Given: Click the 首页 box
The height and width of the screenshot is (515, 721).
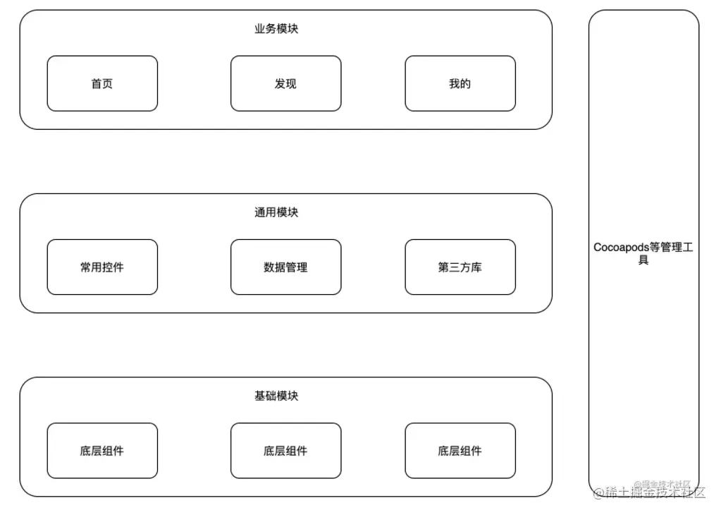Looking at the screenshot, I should point(102,83).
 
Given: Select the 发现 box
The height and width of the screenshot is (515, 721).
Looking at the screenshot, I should point(285,83).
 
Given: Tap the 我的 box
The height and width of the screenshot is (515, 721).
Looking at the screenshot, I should point(460,83).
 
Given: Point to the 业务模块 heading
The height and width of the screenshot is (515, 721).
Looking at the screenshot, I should point(276,29).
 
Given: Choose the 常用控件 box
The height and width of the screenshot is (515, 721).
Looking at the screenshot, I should point(102,267).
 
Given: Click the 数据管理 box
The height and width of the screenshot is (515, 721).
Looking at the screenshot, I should point(285,267).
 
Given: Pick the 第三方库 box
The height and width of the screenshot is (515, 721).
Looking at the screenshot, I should point(460,267).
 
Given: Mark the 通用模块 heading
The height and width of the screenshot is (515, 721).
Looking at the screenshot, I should point(276,212).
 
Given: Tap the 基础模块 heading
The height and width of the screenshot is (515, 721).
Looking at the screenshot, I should point(276,396).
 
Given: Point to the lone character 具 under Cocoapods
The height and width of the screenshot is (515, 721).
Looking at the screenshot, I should point(643,260).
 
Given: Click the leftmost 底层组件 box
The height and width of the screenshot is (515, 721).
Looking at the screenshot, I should point(102,451).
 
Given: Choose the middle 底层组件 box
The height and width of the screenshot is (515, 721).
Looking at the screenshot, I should point(285,451).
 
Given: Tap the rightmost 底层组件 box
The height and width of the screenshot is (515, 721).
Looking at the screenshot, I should point(460,451).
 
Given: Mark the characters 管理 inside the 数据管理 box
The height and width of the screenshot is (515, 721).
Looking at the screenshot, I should point(297,267).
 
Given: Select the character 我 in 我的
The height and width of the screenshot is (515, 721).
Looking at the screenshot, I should point(455,83).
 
